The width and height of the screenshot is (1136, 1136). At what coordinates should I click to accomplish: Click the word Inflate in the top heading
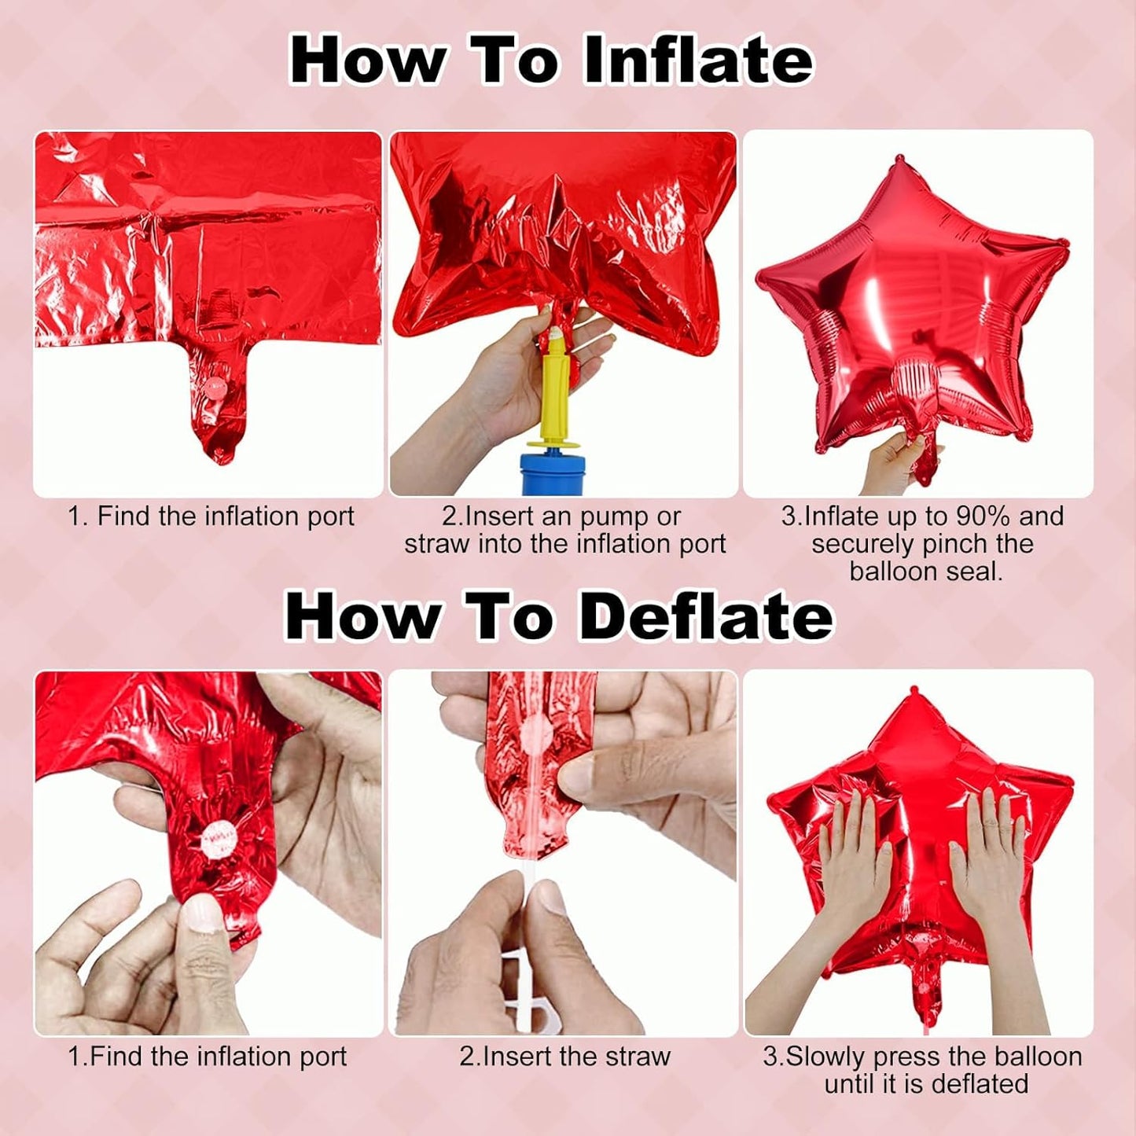pyautogui.click(x=698, y=60)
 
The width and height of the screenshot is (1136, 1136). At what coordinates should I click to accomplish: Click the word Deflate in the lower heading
pyautogui.click(x=705, y=616)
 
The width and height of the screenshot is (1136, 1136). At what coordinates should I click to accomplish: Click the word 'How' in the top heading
pyautogui.click(x=366, y=60)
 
